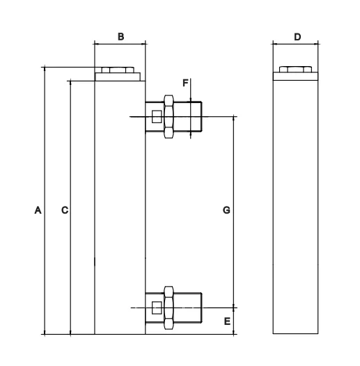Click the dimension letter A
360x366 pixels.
click(38, 209)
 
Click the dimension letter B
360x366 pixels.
click(120, 36)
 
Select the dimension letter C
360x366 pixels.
click(64, 209)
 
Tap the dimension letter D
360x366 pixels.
click(297, 36)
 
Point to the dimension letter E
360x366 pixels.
click(227, 321)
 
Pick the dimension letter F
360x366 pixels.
click(186, 83)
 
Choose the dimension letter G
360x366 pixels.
click(226, 209)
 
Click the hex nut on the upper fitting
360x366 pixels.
click(168, 116)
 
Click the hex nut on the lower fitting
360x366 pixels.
click(168, 307)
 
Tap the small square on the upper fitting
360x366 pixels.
click(156, 116)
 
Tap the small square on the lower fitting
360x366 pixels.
click(156, 307)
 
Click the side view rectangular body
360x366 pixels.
click(295, 209)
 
